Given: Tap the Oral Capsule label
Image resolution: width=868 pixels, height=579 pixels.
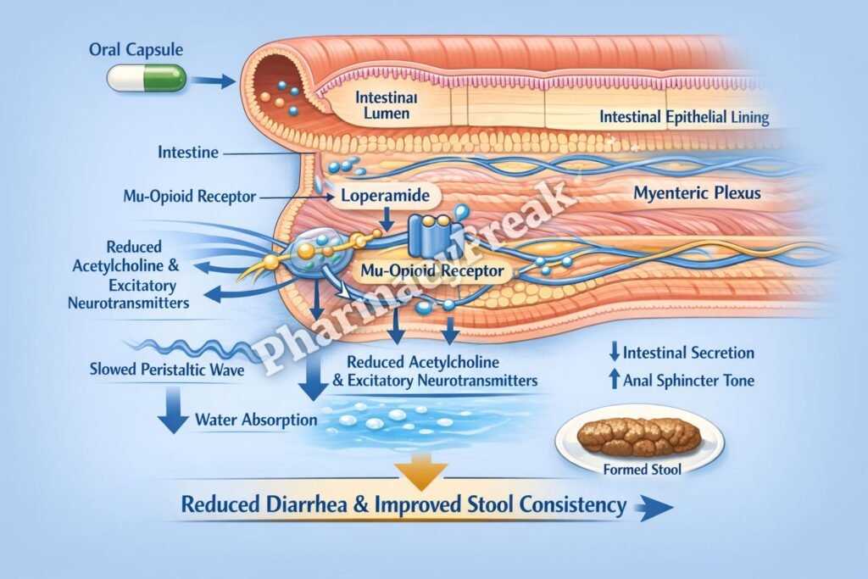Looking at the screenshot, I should coord(135,50).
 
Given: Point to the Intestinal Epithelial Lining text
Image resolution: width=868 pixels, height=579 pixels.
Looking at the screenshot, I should coord(684,117).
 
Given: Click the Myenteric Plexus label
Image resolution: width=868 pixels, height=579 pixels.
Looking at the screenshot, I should coord(697,193).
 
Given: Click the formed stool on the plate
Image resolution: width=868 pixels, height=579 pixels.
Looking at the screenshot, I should coord(638,436).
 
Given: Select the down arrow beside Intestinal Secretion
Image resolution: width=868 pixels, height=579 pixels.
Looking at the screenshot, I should coord(614,353).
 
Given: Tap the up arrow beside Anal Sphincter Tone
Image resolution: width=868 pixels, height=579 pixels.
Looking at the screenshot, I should coord(614,381).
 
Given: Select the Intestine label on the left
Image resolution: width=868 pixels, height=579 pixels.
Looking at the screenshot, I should coord(188,153).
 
